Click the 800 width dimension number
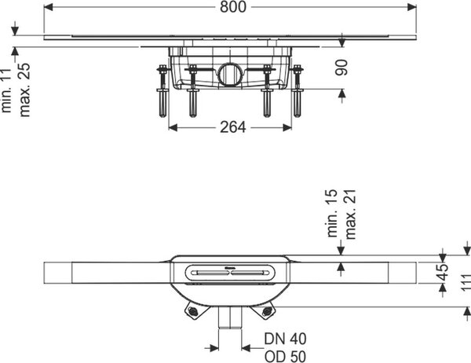(x=233, y=7)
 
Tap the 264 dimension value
(x=233, y=127)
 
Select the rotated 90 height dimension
(x=341, y=68)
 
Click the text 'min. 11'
(x=6, y=91)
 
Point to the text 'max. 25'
(x=24, y=90)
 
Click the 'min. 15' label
(x=332, y=214)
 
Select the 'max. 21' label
(x=350, y=214)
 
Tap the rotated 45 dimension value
(x=444, y=272)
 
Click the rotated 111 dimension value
(x=466, y=282)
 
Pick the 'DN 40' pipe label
(x=285, y=339)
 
